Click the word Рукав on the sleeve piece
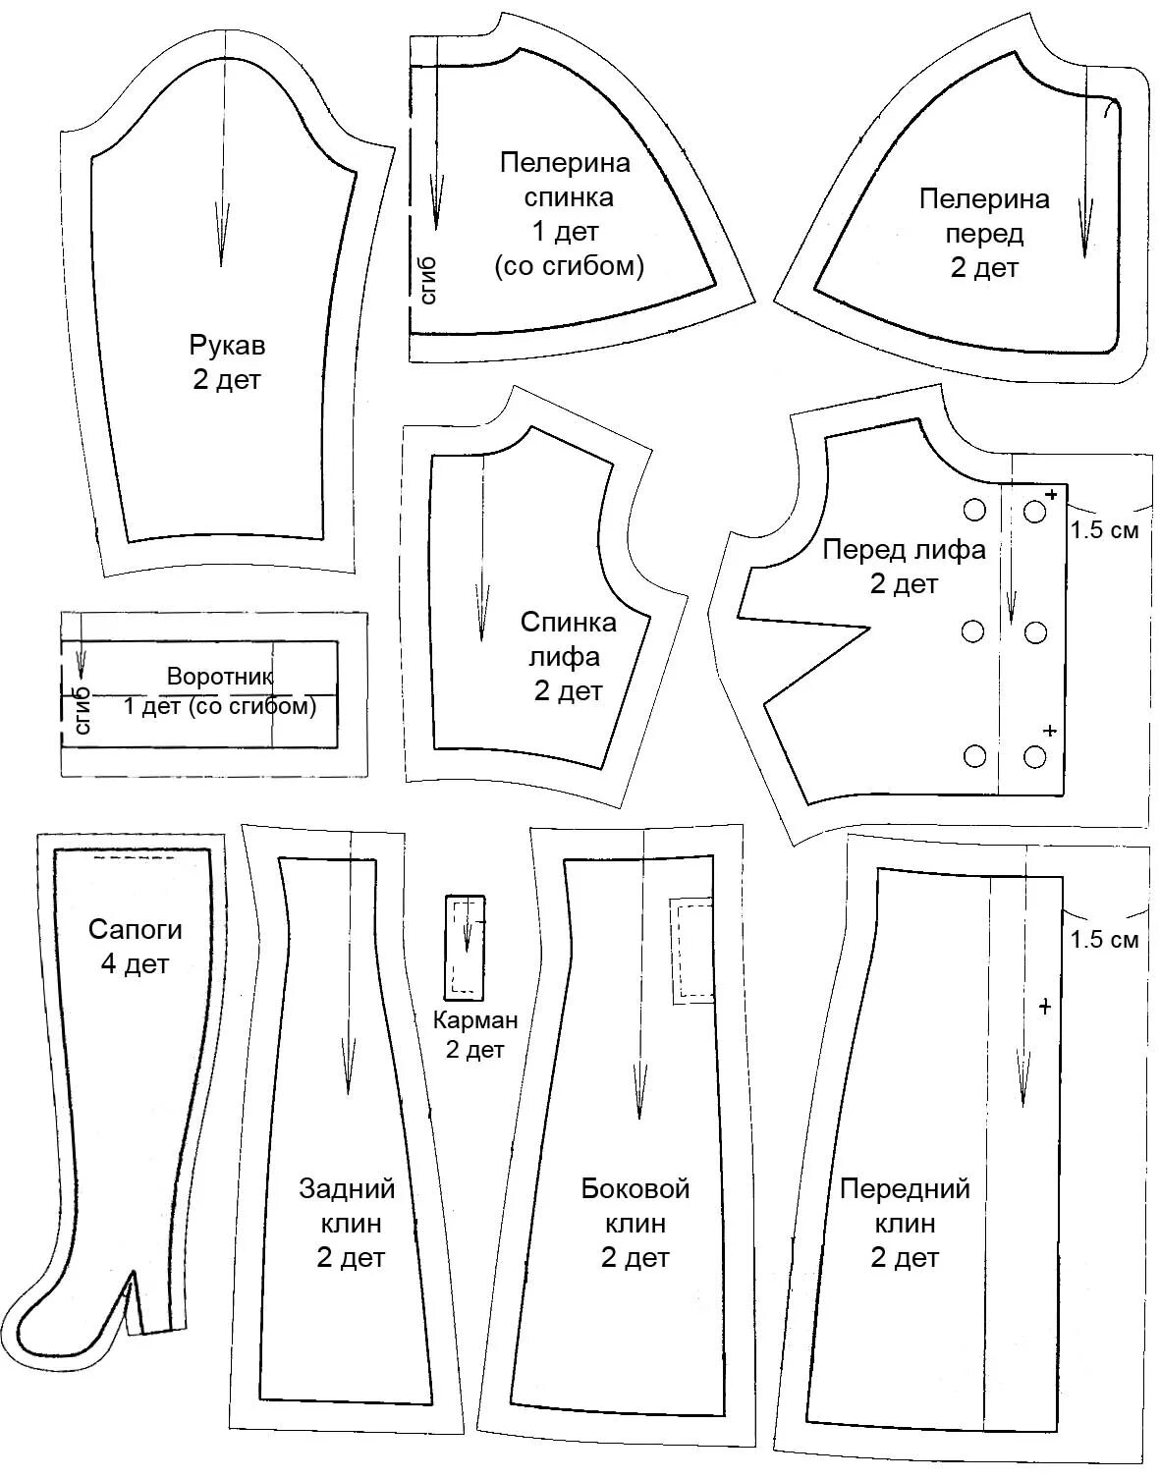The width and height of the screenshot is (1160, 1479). (x=227, y=346)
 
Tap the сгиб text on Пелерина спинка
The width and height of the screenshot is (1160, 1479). (x=428, y=279)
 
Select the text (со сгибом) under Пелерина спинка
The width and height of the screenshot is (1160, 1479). (x=569, y=265)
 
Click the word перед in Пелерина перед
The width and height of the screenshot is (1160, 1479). (x=984, y=234)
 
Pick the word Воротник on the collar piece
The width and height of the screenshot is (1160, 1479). (x=220, y=677)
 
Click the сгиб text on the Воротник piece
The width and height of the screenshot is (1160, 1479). (x=82, y=709)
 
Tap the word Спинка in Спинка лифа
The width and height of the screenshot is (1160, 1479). (x=569, y=622)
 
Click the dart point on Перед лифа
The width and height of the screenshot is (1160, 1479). (x=868, y=627)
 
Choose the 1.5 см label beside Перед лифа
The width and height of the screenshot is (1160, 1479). (x=1105, y=530)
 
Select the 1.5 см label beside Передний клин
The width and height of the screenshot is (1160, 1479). (x=1105, y=940)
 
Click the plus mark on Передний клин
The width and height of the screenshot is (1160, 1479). (x=1044, y=1007)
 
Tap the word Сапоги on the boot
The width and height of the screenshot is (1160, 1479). (x=136, y=929)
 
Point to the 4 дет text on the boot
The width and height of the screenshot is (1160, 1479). (x=135, y=964)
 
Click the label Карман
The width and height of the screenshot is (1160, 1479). (x=475, y=1020)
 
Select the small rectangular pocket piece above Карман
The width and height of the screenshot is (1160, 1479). (x=465, y=946)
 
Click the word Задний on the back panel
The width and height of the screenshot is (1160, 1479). (x=347, y=1189)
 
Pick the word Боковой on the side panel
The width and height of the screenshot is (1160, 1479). (x=635, y=1189)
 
